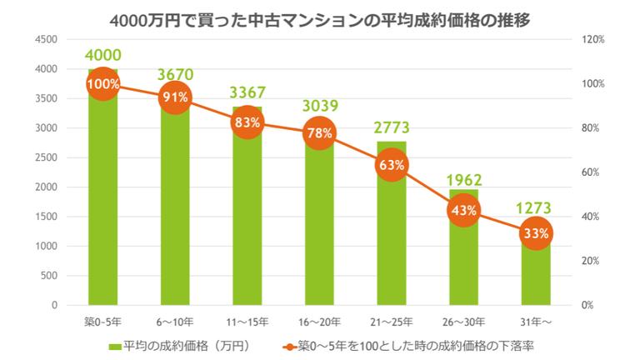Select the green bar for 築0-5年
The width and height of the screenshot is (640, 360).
tap(102, 208)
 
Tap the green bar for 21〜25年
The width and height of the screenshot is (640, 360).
tap(391, 242)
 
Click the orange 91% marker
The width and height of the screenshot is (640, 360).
tap(174, 97)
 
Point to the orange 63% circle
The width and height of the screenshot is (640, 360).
tap(391, 165)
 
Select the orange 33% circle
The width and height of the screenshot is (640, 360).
tap(535, 233)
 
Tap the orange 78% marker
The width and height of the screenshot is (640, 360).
tap(318, 132)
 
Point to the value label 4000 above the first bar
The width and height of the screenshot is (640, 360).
tap(102, 55)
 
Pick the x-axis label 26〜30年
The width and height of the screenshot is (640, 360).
tap(462, 321)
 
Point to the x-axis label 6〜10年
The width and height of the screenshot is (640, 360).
tap(174, 321)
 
